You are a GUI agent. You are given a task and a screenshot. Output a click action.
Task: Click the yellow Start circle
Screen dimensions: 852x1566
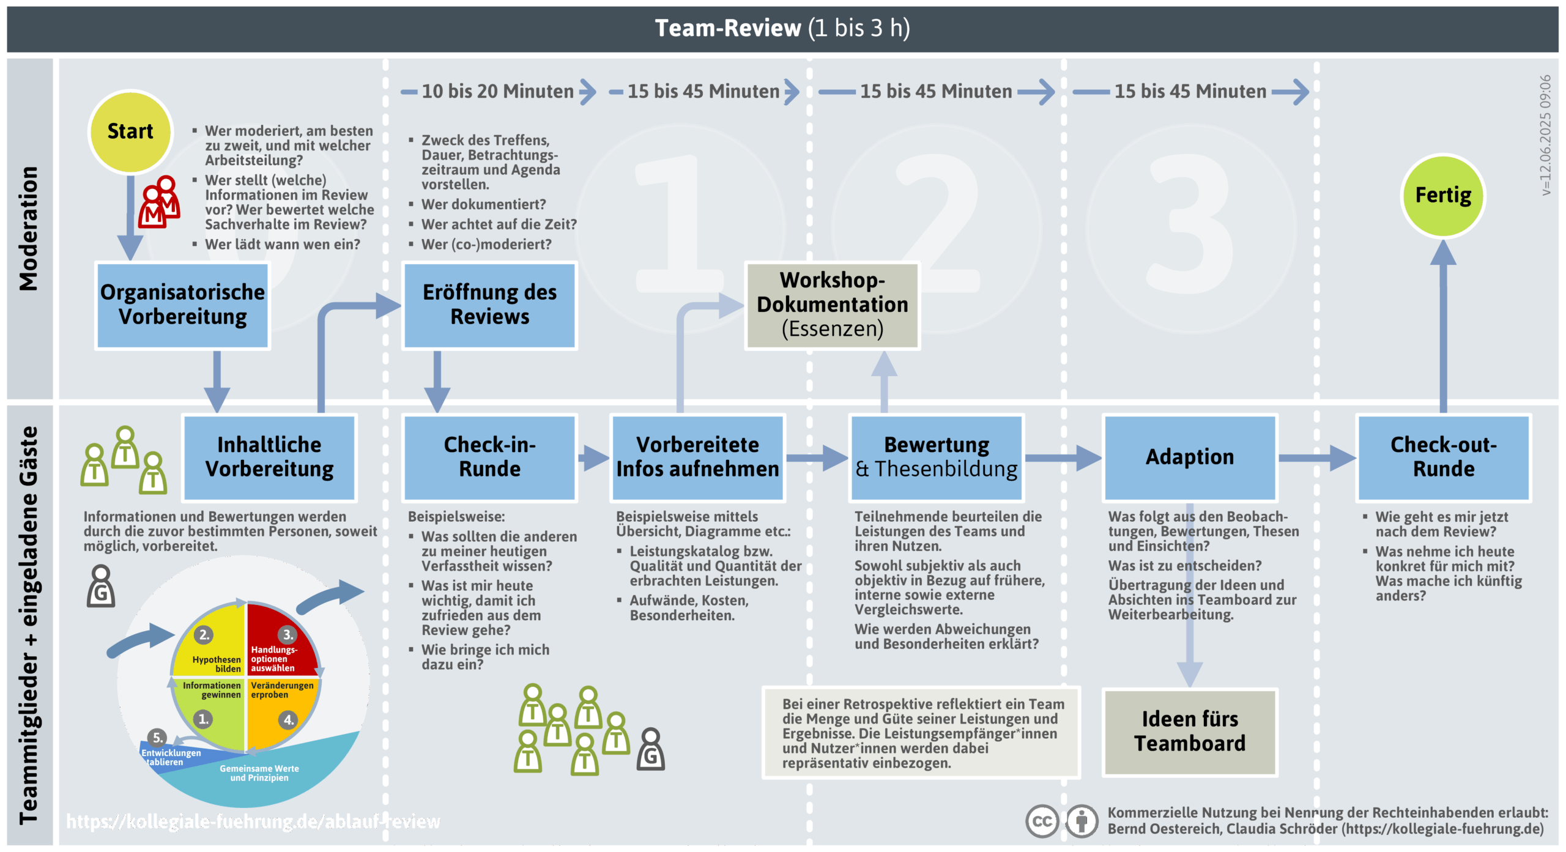pyautogui.click(x=130, y=132)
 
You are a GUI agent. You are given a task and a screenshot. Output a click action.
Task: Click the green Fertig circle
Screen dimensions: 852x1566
pyautogui.click(x=1443, y=196)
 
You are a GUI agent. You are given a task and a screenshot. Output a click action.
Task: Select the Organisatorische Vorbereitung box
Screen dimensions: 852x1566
pyautogui.click(x=182, y=305)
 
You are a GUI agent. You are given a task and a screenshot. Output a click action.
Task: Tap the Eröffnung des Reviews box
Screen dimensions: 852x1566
pyautogui.click(x=489, y=305)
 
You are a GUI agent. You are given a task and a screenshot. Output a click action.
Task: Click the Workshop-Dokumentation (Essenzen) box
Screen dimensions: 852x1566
pyautogui.click(x=832, y=305)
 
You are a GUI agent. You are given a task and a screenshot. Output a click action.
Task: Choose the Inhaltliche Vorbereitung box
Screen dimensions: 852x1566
pyautogui.click(x=269, y=457)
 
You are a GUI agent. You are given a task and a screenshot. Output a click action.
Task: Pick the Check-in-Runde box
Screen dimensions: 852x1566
pyautogui.click(x=489, y=457)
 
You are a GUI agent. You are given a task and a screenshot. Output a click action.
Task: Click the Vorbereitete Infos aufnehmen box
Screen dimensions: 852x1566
pyautogui.click(x=697, y=457)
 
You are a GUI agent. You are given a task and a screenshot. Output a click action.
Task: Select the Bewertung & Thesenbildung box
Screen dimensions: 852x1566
pyautogui.click(x=936, y=457)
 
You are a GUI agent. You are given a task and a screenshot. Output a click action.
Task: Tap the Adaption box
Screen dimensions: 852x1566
pyautogui.click(x=1190, y=457)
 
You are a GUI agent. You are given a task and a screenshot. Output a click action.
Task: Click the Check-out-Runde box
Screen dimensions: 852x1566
pyautogui.click(x=1444, y=457)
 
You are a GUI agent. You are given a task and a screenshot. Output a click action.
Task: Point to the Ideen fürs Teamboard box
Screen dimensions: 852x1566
pyautogui.click(x=1190, y=732)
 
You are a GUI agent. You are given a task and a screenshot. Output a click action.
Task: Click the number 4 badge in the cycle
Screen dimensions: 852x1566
pyautogui.click(x=288, y=720)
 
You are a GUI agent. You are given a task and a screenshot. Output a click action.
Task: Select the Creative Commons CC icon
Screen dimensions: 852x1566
pyautogui.click(x=1042, y=821)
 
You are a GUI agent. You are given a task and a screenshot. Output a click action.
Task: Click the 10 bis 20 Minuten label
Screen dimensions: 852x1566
pyautogui.click(x=497, y=92)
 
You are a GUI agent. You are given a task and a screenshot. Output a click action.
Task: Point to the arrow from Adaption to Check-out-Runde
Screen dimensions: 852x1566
pyautogui.click(x=1316, y=457)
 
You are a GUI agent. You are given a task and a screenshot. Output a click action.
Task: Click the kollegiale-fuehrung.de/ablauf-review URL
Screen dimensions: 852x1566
pyautogui.click(x=253, y=821)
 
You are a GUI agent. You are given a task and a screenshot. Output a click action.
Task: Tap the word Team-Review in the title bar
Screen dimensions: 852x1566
pyautogui.click(x=727, y=28)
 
